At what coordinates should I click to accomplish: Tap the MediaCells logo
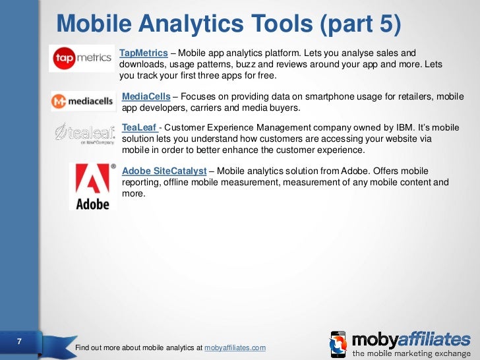tap(84, 102)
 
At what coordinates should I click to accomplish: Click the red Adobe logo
tap(92, 186)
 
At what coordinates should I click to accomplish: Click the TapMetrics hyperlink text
tap(144, 53)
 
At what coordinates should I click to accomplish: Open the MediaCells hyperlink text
tap(146, 97)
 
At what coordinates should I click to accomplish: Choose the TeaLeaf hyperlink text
tap(139, 127)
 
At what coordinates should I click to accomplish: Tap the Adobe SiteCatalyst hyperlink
tap(164, 171)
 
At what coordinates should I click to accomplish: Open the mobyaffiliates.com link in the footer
tap(235, 347)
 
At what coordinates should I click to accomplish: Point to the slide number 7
tap(19, 342)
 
